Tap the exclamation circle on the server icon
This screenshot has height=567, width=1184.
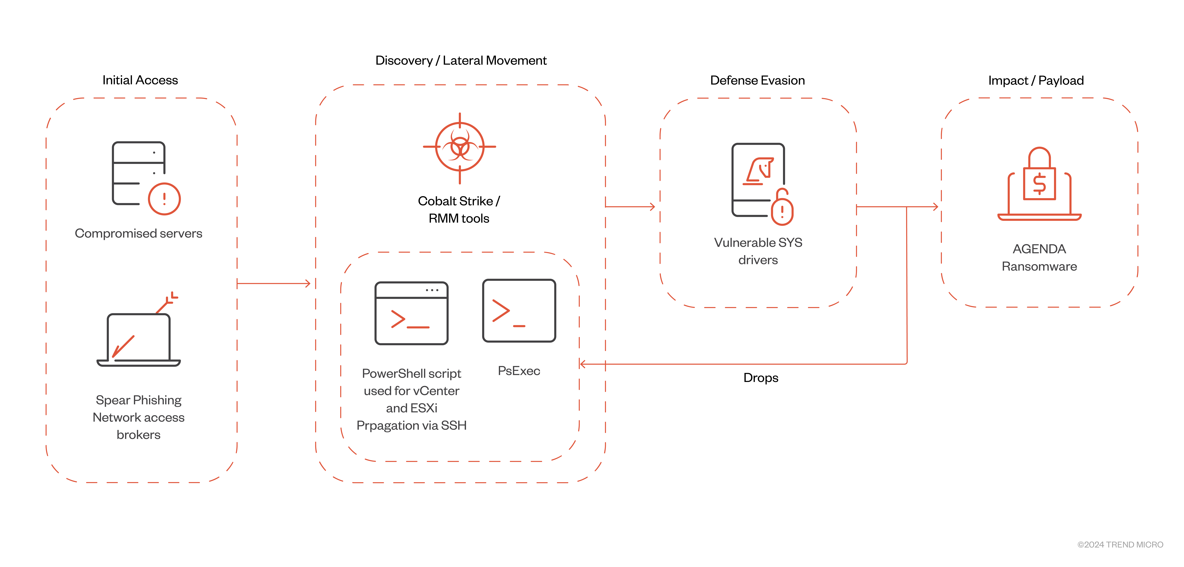tap(164, 199)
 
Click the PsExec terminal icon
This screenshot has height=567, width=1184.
tap(519, 310)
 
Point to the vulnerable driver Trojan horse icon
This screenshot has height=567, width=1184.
tap(759, 171)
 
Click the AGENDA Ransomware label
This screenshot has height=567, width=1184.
tap(1039, 257)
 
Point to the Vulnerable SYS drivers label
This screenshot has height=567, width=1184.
tap(758, 251)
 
